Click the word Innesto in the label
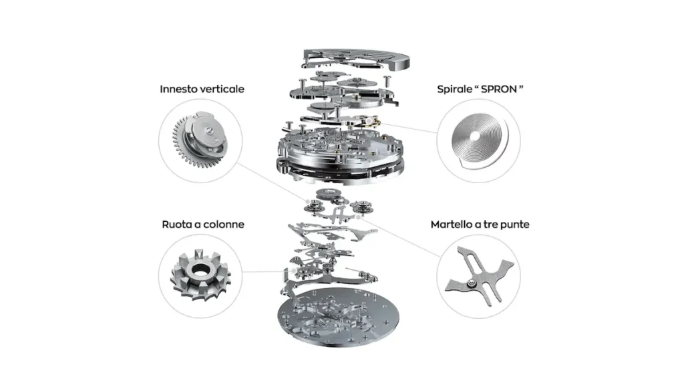pyautogui.click(x=176, y=89)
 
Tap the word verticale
pyautogui.click(x=220, y=89)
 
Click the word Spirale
pyautogui.click(x=455, y=90)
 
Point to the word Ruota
pyautogui.click(x=176, y=225)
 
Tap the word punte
pyautogui.click(x=515, y=225)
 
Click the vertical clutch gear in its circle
pyautogui.click(x=200, y=140)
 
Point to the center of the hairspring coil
pyautogui.click(x=475, y=136)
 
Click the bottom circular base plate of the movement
pyautogui.click(x=338, y=316)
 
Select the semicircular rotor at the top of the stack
pyautogui.click(x=357, y=59)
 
